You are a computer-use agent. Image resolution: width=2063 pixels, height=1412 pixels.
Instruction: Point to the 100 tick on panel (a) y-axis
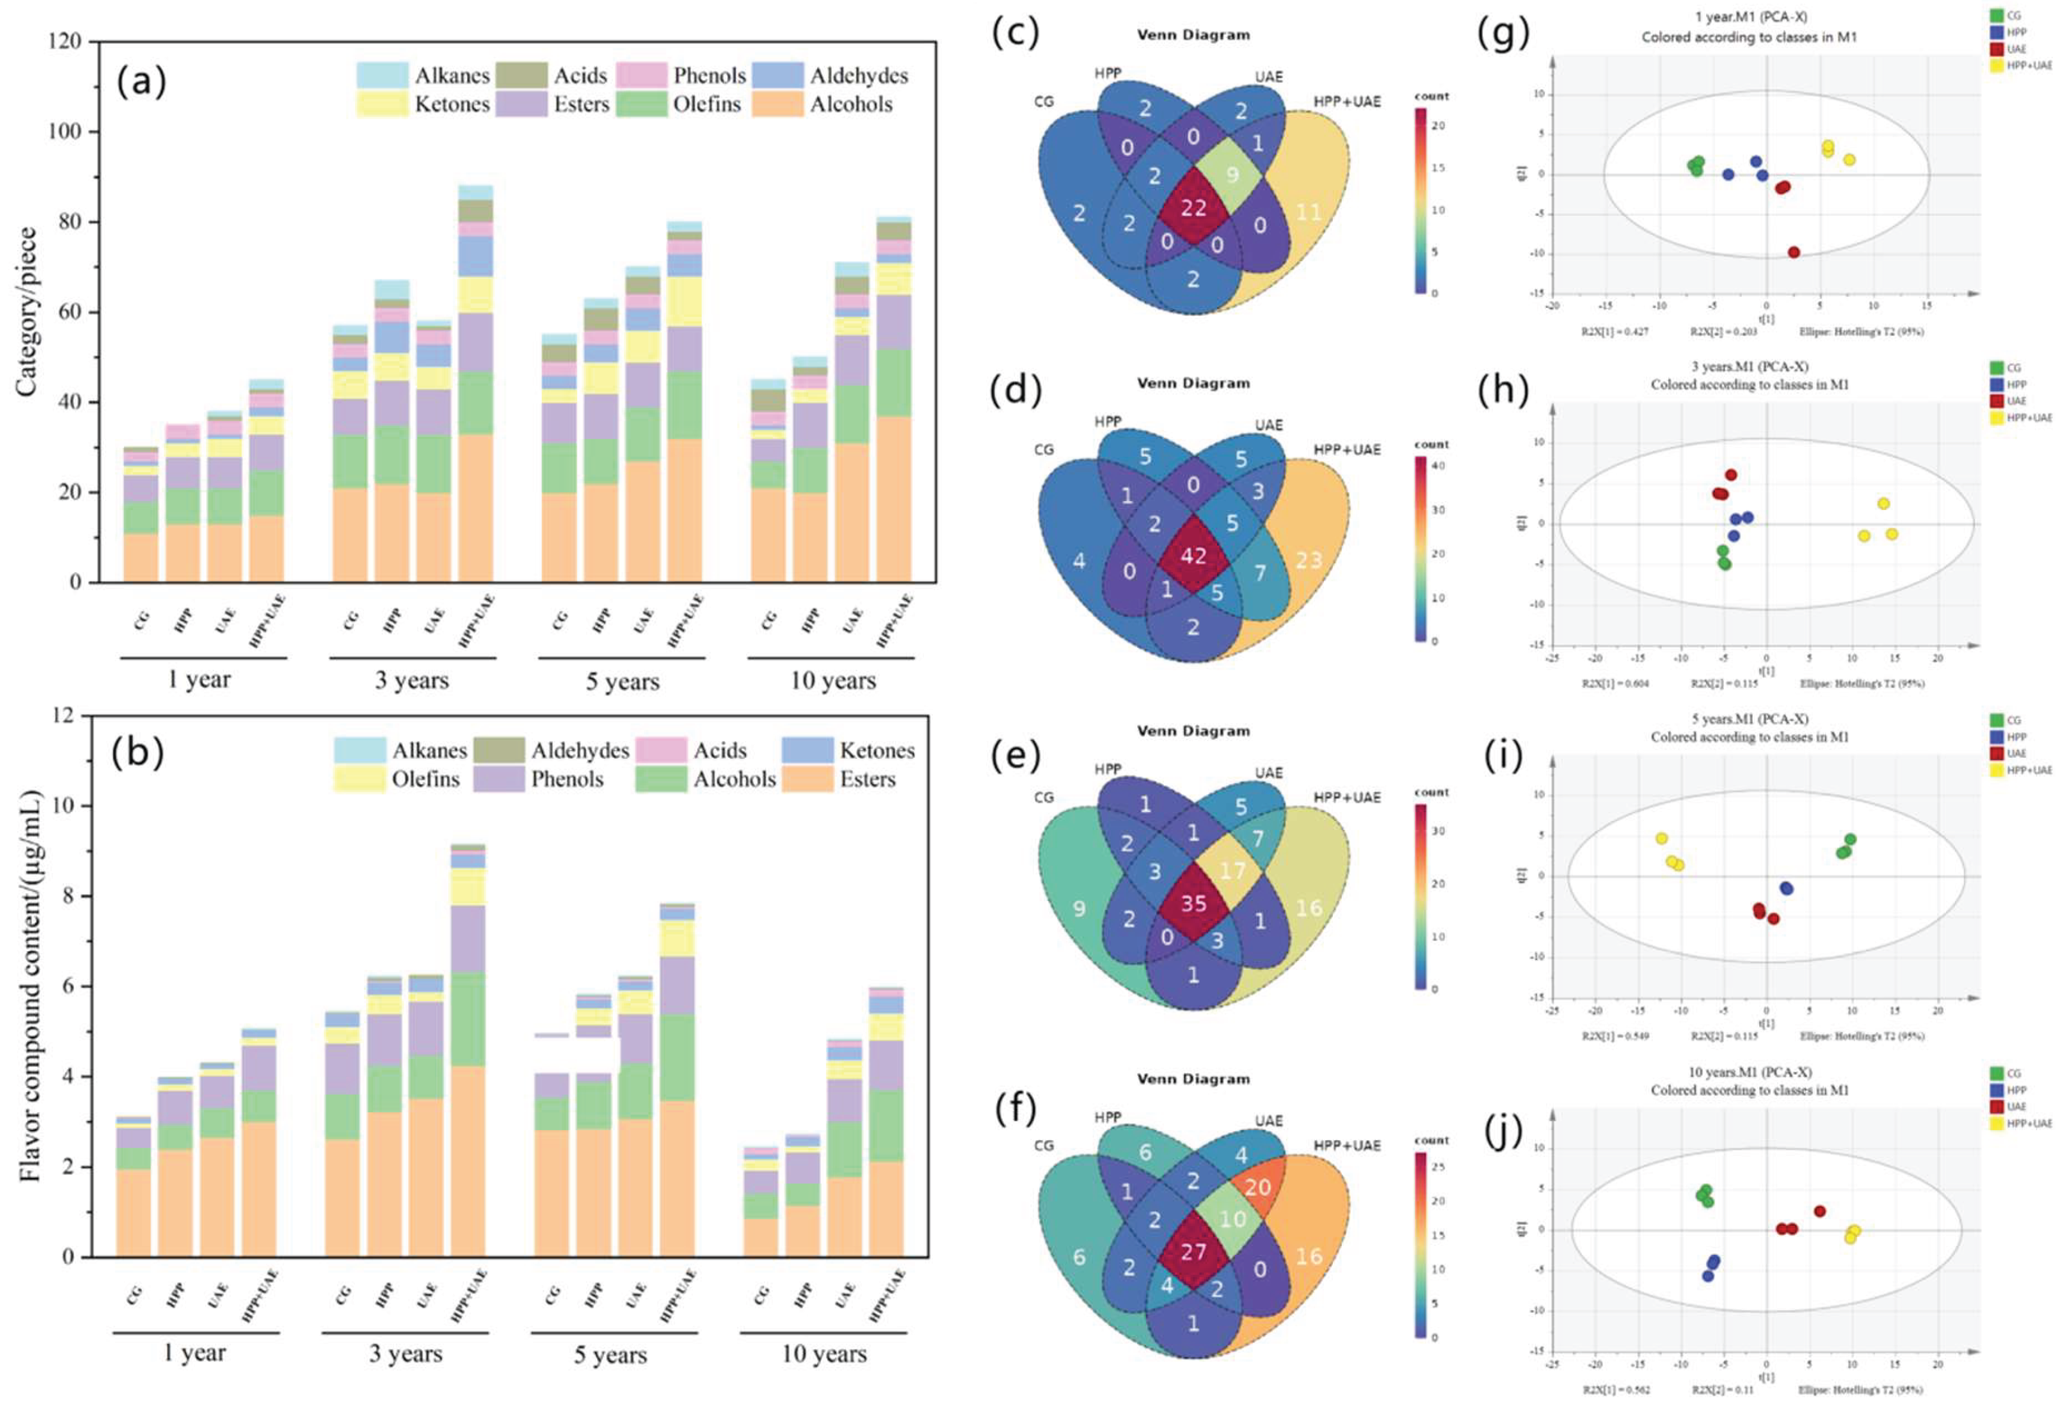pos(65,131)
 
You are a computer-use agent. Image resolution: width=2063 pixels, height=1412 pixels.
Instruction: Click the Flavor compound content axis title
pos(30,986)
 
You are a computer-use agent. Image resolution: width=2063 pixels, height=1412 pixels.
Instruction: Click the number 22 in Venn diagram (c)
pos(1193,208)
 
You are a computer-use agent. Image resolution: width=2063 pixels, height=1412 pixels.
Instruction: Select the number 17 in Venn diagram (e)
pos(1233,869)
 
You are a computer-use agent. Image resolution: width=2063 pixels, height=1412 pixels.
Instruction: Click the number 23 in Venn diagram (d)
pos(1309,560)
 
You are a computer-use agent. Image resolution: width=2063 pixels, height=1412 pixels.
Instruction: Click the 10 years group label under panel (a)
pos(832,681)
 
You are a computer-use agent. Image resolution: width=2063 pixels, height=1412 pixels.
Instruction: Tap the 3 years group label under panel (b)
pos(406,1353)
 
